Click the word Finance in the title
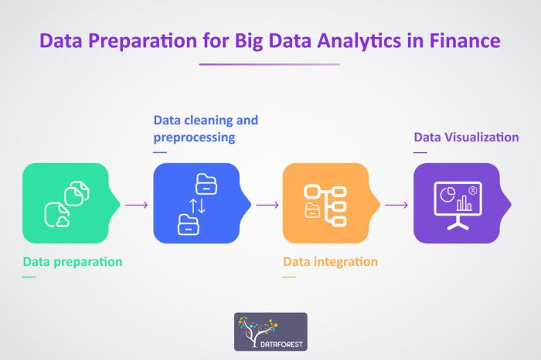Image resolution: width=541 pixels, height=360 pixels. (x=464, y=40)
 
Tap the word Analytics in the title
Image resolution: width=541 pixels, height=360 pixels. (x=359, y=42)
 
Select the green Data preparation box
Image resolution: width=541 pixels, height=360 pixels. (x=71, y=203)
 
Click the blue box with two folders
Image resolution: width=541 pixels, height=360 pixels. (x=202, y=203)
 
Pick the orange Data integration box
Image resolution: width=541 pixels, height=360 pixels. (x=332, y=203)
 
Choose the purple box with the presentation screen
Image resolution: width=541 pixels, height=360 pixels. (x=462, y=203)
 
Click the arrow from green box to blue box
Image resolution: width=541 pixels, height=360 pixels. (x=137, y=205)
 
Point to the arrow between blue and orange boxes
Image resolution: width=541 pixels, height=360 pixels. (x=267, y=205)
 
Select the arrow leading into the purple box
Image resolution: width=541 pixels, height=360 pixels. (x=396, y=205)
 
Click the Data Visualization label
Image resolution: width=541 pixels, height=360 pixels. (x=466, y=138)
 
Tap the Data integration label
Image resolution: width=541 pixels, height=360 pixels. (x=330, y=262)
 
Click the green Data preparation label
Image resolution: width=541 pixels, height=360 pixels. (x=73, y=262)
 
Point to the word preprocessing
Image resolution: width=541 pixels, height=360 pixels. (x=194, y=138)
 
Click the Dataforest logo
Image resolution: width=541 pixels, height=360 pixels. (x=270, y=331)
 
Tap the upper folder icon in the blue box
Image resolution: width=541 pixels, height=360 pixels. (x=206, y=184)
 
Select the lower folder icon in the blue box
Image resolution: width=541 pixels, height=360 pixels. (x=188, y=225)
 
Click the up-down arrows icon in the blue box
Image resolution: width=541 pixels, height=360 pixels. (x=197, y=205)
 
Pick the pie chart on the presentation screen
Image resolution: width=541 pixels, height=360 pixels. (x=447, y=195)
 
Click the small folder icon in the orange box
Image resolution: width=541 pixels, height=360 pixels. (x=312, y=210)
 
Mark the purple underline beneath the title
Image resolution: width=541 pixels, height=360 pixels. (x=270, y=64)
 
